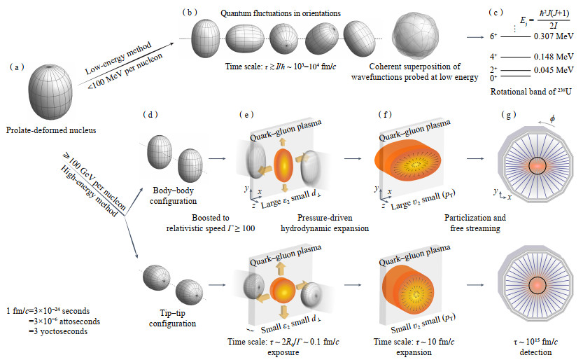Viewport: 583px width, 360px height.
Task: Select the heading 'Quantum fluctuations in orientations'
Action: click(x=271, y=13)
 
